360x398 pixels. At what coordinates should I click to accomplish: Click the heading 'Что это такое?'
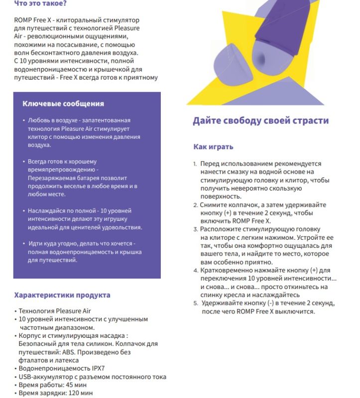pyautogui.click(x=40, y=3)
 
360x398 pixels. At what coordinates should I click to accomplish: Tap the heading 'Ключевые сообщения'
pyautogui.click(x=63, y=103)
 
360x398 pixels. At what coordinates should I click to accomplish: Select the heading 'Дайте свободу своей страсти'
pyautogui.click(x=260, y=121)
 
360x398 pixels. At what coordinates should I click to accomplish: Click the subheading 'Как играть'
pyautogui.click(x=213, y=147)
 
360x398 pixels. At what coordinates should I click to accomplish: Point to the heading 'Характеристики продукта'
pyautogui.click(x=62, y=295)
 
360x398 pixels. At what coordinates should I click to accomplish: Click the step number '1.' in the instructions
pyautogui.click(x=195, y=164)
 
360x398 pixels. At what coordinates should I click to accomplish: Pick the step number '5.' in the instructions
pyautogui.click(x=196, y=303)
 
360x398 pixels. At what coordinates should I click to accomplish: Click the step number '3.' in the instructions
pyautogui.click(x=196, y=229)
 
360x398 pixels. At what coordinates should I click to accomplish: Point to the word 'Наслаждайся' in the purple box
pyautogui.click(x=50, y=210)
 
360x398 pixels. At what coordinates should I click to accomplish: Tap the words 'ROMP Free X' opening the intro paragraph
pyautogui.click(x=33, y=20)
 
